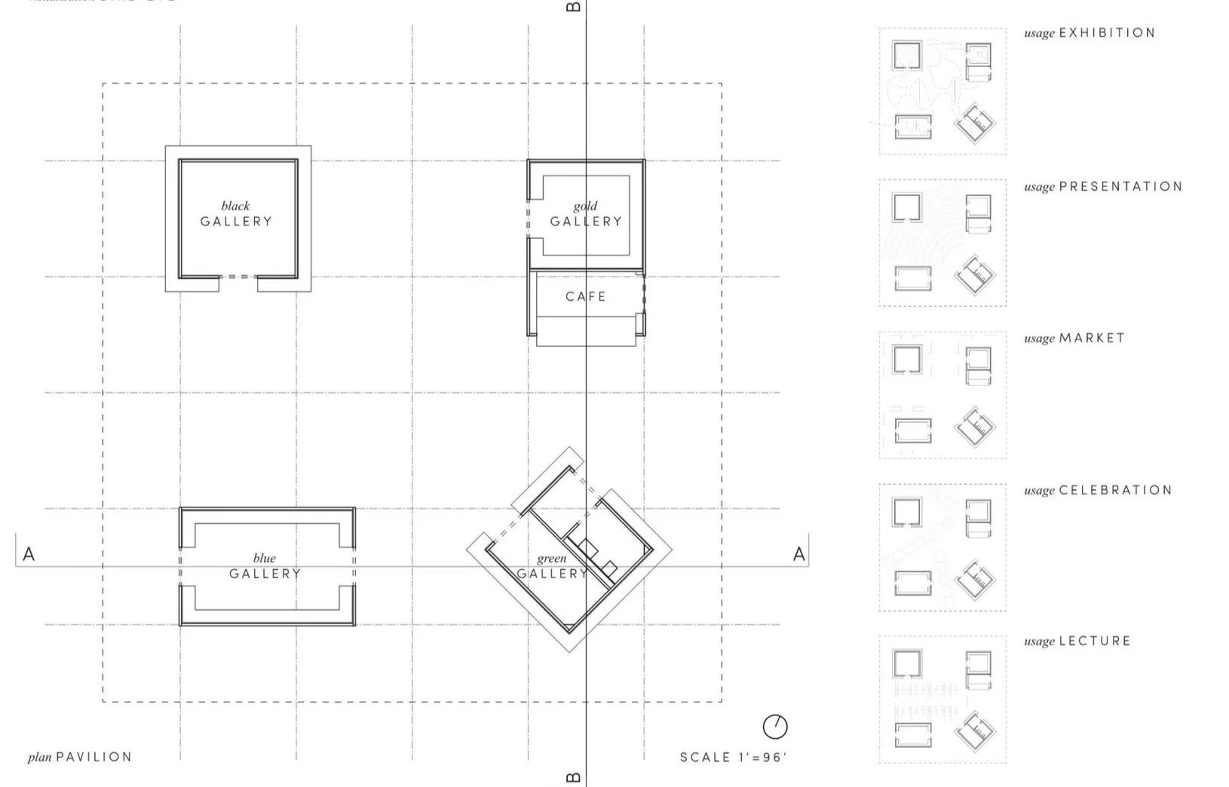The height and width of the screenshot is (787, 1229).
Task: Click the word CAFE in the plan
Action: point(586,296)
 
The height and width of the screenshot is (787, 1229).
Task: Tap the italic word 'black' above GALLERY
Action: point(235,206)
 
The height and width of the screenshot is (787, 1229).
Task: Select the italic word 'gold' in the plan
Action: point(585,206)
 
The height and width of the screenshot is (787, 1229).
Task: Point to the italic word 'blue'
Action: point(264,559)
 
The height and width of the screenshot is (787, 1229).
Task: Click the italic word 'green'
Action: point(551,559)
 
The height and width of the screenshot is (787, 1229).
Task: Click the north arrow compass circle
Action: point(775,727)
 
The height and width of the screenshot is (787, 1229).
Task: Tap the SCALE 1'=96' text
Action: point(733,757)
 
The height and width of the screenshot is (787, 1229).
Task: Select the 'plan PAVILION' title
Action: point(80,757)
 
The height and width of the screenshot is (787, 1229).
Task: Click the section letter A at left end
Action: point(29,555)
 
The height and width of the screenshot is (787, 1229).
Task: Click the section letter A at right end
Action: point(799,555)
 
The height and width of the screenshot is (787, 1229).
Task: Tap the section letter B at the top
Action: point(573,7)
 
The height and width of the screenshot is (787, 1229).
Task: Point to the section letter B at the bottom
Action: point(573,778)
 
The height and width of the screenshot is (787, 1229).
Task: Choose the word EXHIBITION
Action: point(1107,32)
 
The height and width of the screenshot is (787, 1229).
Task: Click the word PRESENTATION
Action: point(1120,186)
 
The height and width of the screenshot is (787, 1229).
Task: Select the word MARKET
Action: point(1092,338)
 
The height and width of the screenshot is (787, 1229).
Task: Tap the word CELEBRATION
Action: point(1115,490)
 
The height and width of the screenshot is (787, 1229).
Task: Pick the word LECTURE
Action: point(1095,641)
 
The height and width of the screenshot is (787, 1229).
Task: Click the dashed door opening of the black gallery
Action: point(238,277)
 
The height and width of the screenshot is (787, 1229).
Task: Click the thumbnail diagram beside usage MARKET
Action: point(942,395)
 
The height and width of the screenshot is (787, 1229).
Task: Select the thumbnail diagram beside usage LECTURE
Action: point(942,699)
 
